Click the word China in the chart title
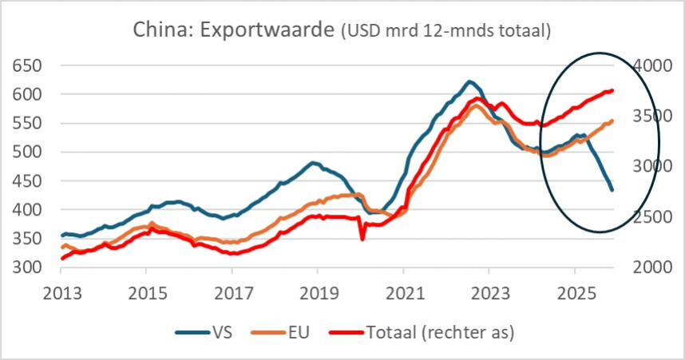point(161,31)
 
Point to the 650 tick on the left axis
point(26,65)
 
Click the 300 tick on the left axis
point(26,267)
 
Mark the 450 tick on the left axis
point(26,180)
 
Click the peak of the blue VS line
point(469,81)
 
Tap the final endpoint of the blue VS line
point(612,190)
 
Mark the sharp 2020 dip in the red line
point(362,238)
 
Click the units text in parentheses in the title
point(446,32)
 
